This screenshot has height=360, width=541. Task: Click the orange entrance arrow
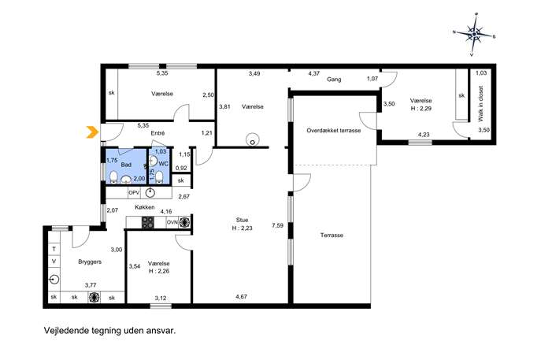pos(91,132)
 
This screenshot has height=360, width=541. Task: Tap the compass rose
pos(474,34)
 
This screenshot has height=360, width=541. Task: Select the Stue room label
pos(243,220)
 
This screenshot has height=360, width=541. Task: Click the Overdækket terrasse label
pos(334,131)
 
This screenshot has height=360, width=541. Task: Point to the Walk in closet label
pos(480,103)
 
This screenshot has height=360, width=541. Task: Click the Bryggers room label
pos(90,262)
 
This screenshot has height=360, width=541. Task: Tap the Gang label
pos(334,80)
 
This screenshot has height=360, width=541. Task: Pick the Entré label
pos(157,133)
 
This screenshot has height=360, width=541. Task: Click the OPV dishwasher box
pos(134,193)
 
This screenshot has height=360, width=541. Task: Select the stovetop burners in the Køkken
pos(148,222)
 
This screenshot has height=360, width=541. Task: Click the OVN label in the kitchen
pos(172,223)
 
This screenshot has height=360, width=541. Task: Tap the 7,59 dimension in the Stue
pos(278,226)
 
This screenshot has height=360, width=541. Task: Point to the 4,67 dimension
pos(241,296)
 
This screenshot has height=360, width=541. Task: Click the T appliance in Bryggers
pos(54,249)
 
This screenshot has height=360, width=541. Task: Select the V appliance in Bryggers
pos(54,262)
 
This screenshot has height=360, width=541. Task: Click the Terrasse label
pos(332,235)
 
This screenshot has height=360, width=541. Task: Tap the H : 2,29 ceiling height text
pos(421,109)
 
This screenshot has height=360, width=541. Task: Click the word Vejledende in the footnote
pos(64,331)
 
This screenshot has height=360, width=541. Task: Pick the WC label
pos(164,164)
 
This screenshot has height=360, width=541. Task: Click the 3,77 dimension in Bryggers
pos(91,285)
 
